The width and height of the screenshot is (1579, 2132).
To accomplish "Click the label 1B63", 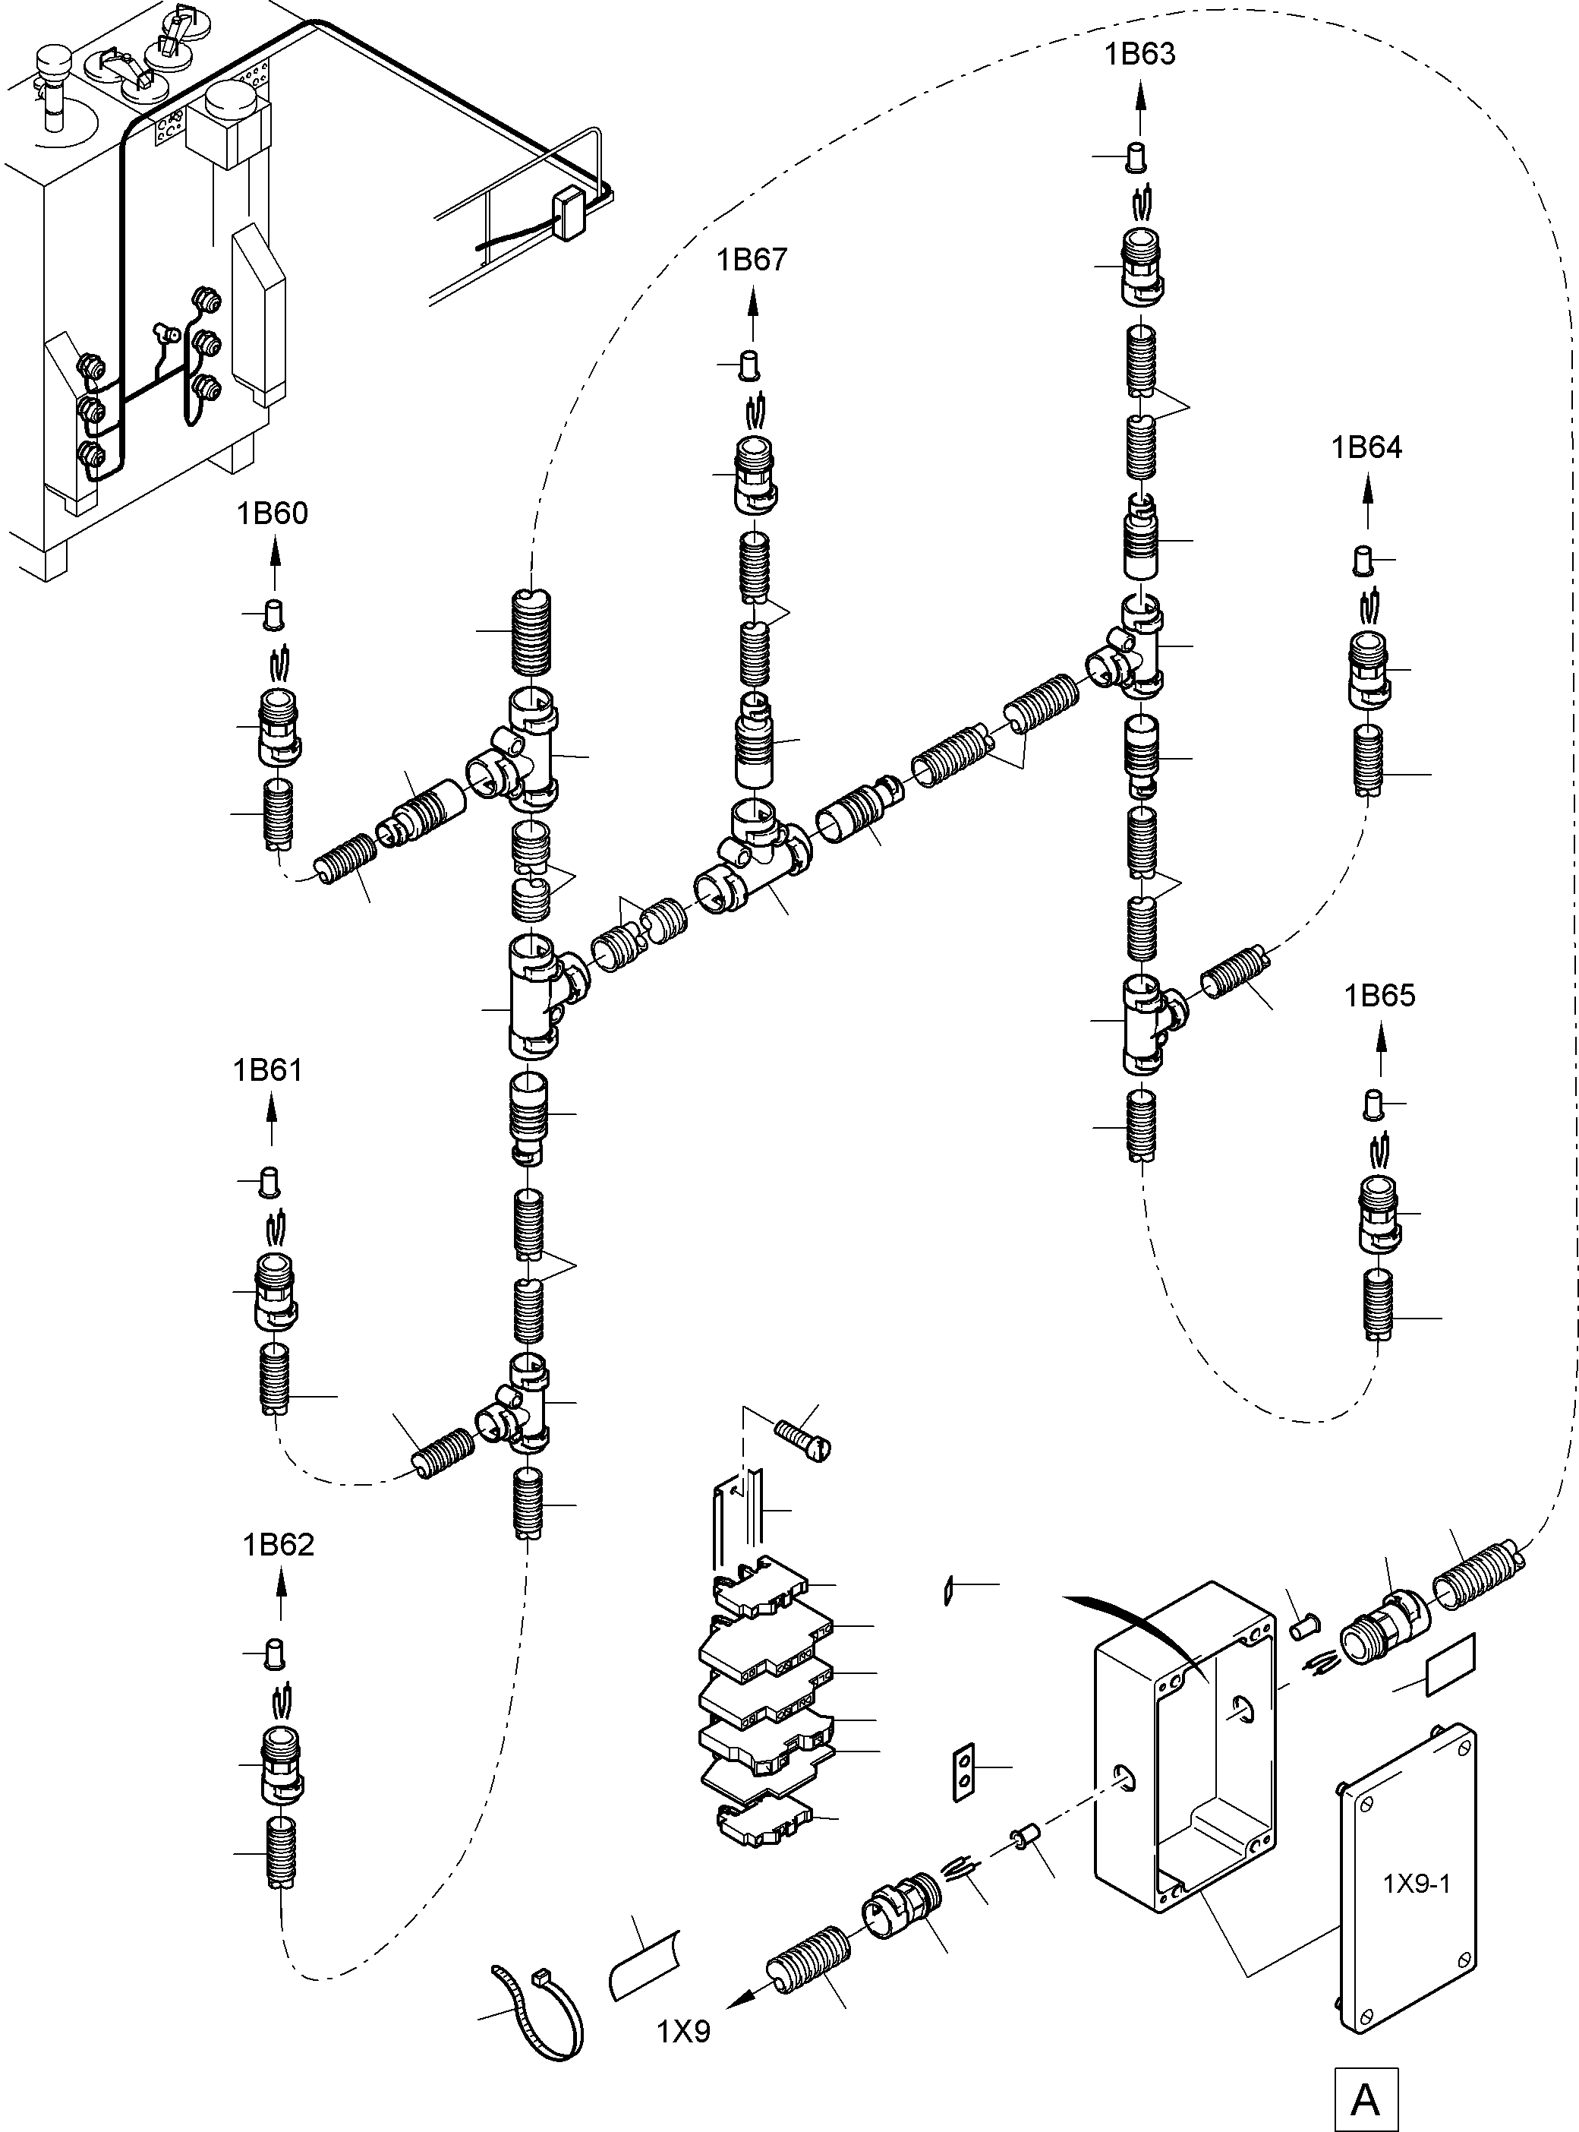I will [1140, 55].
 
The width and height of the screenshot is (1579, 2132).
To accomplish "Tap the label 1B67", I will [752, 260].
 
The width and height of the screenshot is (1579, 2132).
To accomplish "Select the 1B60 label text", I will [273, 513].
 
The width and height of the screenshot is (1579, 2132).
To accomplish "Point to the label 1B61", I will [268, 1070].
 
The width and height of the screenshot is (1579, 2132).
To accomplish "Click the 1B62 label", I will [278, 1545].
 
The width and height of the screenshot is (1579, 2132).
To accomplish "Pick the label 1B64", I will [1366, 447].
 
